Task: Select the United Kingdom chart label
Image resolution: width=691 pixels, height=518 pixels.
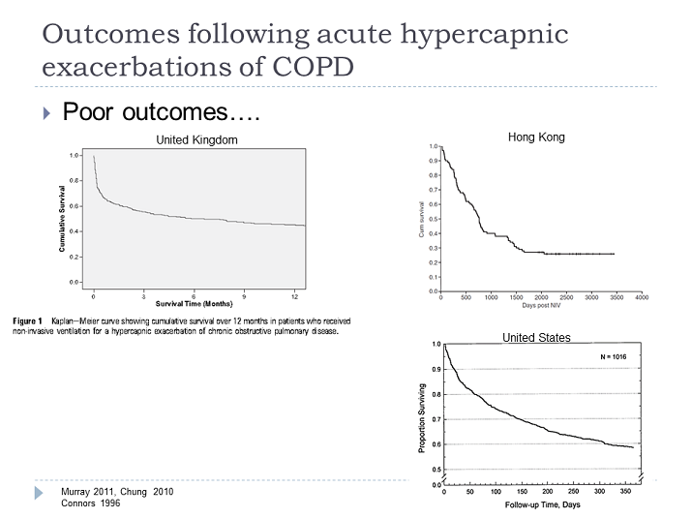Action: [x=196, y=140]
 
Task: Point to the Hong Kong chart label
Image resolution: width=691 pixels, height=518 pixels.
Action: [x=535, y=137]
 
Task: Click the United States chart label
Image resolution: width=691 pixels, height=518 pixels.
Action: [x=535, y=338]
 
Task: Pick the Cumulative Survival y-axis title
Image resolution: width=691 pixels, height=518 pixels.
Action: [x=62, y=218]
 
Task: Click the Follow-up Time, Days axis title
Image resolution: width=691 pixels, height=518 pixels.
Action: [x=542, y=505]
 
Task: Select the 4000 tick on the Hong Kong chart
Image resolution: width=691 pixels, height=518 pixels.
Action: [x=641, y=297]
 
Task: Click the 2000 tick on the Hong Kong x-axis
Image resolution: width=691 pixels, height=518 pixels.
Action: [x=541, y=297]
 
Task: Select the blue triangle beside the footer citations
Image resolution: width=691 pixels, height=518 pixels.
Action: [x=40, y=493]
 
